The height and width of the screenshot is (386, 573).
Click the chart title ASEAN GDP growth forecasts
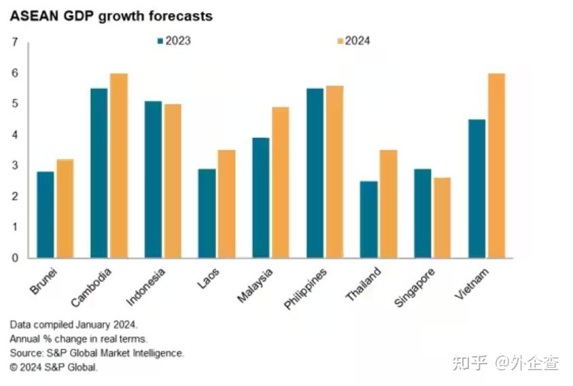pos(111,16)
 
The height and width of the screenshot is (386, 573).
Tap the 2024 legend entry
pos(353,41)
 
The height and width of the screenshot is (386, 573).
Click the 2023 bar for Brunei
pos(46,215)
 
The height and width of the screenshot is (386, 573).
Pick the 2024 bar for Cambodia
pos(119,165)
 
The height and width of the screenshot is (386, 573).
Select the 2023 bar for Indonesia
pos(154,179)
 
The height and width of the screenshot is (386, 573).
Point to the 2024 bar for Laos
pos(226,204)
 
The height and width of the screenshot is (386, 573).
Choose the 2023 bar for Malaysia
pos(261,198)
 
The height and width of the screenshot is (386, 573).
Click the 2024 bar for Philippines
pos(334,171)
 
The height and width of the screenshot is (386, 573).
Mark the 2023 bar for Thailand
pos(369,219)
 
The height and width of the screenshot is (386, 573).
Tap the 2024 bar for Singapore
pos(442,217)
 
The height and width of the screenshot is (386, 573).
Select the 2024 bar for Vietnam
pos(496,165)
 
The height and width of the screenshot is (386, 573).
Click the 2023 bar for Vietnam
pos(477,188)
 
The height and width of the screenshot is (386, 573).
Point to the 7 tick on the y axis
pos(15,42)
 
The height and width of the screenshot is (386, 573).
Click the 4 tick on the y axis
pos(15,135)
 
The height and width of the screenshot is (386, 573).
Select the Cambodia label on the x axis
pos(93,287)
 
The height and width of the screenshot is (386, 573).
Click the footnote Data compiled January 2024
pos(73,325)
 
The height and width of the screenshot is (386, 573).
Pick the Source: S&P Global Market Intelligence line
pos(97,353)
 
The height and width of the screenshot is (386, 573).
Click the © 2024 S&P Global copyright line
pos(54,368)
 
